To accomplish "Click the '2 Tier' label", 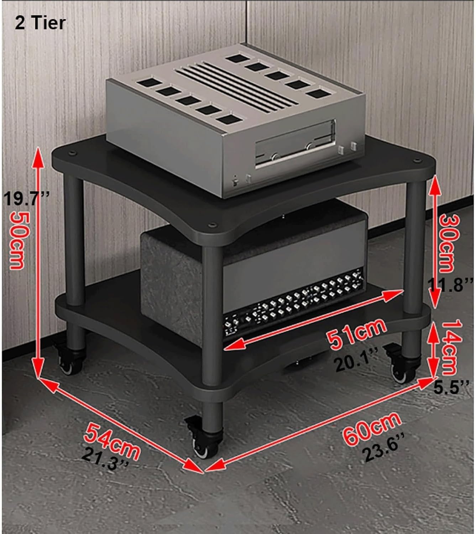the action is click(x=40, y=23).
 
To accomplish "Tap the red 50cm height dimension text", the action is click(x=19, y=241).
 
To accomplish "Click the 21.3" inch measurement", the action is click(x=105, y=459).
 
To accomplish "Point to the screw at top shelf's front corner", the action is click(x=212, y=225).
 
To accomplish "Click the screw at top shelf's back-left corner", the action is click(x=72, y=153).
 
